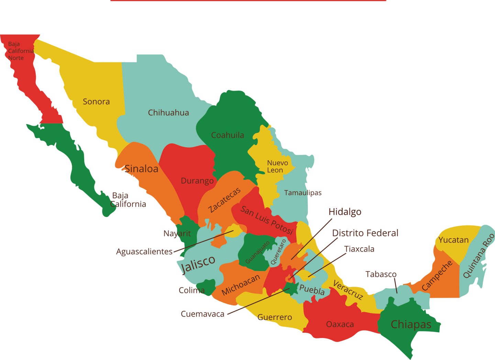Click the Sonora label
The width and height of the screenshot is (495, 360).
coord(96,102)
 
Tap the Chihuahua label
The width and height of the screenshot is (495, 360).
coord(168,113)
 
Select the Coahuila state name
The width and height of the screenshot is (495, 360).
coord(228,135)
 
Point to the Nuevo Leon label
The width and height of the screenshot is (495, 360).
coord(277,167)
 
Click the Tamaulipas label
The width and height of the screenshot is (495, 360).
coord(303,193)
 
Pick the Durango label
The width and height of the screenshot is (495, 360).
coord(197,181)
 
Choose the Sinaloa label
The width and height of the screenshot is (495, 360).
coord(141,169)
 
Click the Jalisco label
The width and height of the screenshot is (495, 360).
coord(198,263)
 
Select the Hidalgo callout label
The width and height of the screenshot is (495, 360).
coord(345,212)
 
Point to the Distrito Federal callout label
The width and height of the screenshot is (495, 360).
coord(365,233)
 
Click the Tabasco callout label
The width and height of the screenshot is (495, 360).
coord(381,274)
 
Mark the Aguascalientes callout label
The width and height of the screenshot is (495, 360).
coord(144,252)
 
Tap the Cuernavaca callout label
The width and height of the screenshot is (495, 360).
coord(202,314)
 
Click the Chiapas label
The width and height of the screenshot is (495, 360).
coord(411,324)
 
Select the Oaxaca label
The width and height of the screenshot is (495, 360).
coord(340,324)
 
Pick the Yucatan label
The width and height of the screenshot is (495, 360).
coord(453,240)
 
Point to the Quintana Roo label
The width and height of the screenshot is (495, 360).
coord(478,256)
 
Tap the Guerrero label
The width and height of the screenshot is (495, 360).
coord(275,317)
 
